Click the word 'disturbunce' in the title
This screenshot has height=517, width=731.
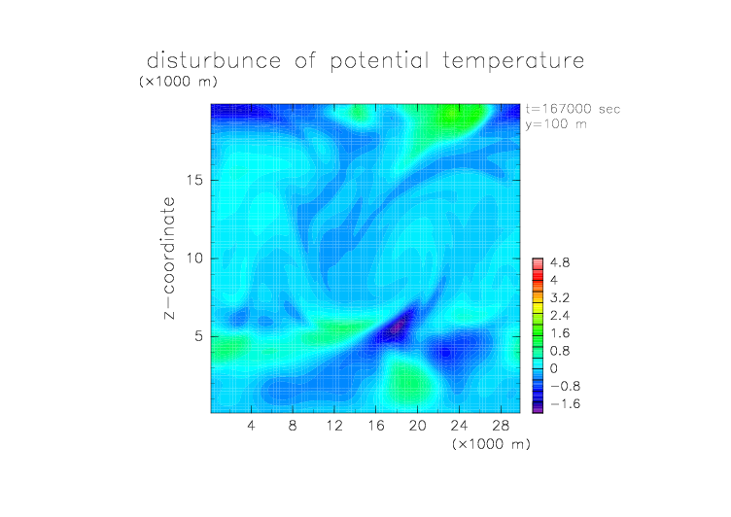(214, 60)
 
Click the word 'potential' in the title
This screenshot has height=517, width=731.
(379, 61)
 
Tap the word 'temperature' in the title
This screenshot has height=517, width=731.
(513, 61)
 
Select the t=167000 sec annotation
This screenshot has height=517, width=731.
(573, 109)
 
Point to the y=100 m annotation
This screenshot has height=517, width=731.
(556, 124)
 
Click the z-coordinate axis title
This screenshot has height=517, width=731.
(169, 258)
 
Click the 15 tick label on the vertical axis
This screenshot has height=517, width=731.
(194, 180)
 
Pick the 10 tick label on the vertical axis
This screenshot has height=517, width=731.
(194, 258)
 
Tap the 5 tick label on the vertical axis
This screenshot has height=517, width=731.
(199, 336)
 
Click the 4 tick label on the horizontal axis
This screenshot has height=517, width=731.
(251, 425)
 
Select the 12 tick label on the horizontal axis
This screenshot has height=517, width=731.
(334, 425)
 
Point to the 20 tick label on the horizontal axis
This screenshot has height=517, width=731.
(417, 425)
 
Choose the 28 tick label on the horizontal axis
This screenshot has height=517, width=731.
(501, 425)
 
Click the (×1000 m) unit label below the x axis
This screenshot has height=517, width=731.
(491, 444)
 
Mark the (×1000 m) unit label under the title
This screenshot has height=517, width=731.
(178, 82)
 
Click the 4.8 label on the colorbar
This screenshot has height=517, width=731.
(560, 263)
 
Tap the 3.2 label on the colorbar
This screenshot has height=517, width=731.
(560, 298)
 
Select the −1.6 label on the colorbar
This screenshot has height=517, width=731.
(565, 403)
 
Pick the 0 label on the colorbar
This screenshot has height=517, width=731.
(554, 368)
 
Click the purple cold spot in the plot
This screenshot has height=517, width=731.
(398, 327)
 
